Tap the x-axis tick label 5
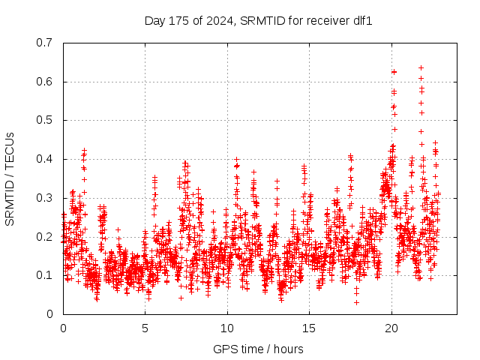[145, 328]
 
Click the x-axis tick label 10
[227, 328]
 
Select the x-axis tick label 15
[309, 328]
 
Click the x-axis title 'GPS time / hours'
[258, 349]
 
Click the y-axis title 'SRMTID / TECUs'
[10, 178]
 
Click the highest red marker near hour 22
[421, 67]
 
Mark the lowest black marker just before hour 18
[356, 302]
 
